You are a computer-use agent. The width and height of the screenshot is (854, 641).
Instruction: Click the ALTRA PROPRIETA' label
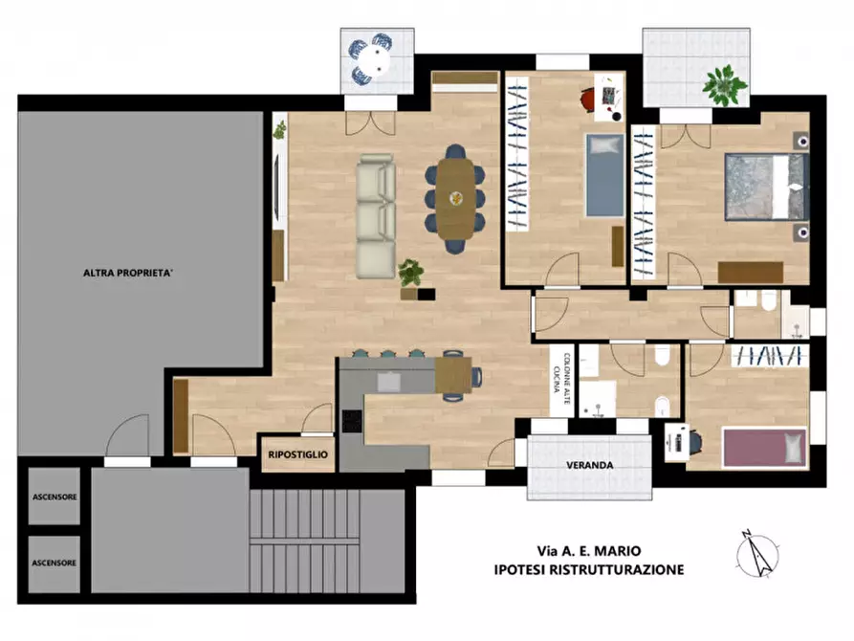(x=128, y=273)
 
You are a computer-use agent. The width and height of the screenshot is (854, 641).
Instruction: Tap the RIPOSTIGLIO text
(x=298, y=454)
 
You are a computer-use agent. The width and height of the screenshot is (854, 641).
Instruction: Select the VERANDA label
(x=590, y=466)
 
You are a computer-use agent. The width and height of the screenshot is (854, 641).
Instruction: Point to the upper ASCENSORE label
(x=55, y=497)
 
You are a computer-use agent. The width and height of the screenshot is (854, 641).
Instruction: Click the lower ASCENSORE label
(x=54, y=564)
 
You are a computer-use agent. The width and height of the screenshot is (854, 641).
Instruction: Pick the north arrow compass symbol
(x=757, y=553)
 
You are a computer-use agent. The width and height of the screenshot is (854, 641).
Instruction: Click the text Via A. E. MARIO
(x=589, y=551)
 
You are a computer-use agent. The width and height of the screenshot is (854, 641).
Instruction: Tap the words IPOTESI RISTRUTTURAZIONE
(x=589, y=570)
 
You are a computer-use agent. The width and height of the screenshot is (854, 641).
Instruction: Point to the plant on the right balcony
(x=724, y=85)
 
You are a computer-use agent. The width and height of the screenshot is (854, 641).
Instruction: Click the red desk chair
(x=588, y=100)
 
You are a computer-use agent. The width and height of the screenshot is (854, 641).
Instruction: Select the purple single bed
(x=763, y=448)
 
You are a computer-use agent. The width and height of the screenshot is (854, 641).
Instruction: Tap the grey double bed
(x=766, y=187)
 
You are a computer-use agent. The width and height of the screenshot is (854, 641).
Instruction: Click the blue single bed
(x=605, y=175)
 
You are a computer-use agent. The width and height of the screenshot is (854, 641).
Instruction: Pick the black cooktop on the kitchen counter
(x=352, y=421)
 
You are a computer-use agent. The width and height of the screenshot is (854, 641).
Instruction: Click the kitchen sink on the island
(x=389, y=382)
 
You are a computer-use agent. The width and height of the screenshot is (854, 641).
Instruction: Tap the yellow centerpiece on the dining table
(x=456, y=198)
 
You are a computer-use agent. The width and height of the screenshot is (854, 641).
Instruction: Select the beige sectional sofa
(x=376, y=216)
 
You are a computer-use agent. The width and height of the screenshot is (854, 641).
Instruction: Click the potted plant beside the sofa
(x=410, y=272)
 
